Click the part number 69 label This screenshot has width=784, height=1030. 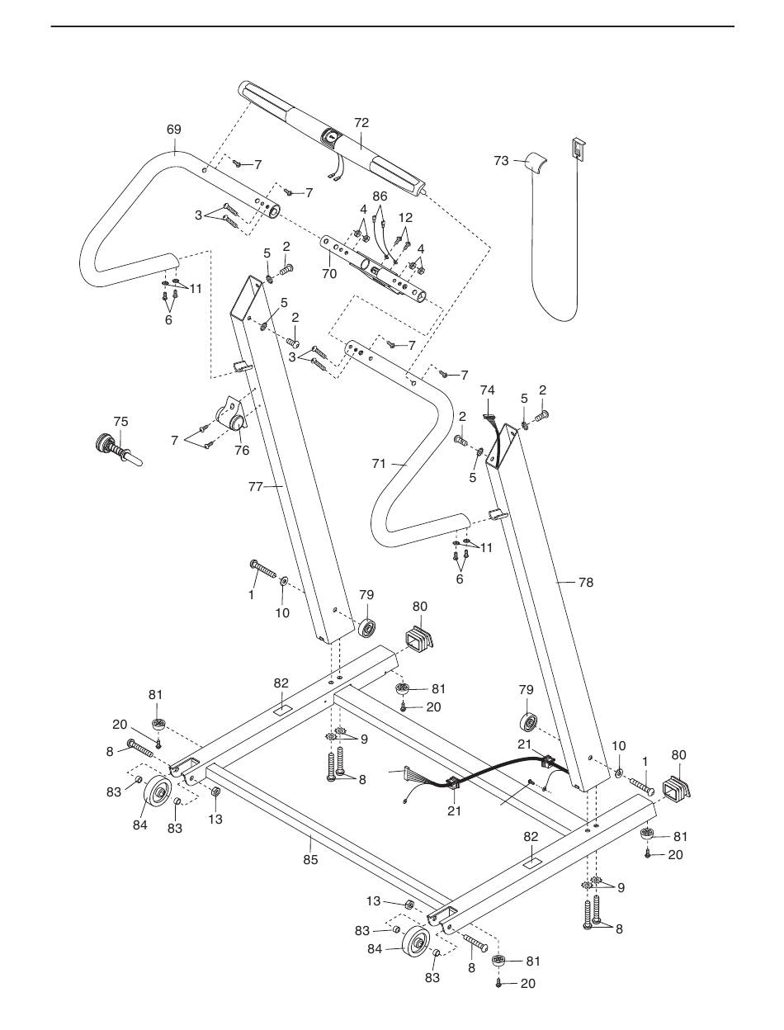tap(173, 130)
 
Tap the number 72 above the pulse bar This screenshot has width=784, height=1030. tap(361, 123)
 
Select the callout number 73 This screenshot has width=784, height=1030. tap(501, 161)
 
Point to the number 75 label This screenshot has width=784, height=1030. tap(120, 422)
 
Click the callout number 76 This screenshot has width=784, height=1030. tap(242, 451)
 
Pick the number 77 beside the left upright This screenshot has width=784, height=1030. tap(256, 487)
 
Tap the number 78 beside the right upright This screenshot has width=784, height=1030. tap(586, 583)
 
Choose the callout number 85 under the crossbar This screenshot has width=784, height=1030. tap(310, 860)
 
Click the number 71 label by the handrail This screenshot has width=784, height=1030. tap(379, 464)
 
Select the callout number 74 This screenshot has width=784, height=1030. tap(488, 390)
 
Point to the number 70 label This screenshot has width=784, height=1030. tap(329, 273)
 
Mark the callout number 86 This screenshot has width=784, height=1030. tap(380, 196)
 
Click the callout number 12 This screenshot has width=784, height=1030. tap(405, 218)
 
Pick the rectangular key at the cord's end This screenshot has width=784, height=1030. tap(578, 149)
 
